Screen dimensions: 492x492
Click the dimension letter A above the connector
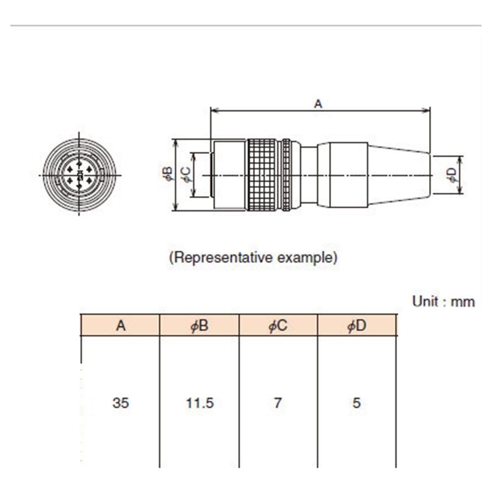(318, 104)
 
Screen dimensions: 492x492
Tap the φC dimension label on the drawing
(186, 174)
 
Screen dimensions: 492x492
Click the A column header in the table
(120, 325)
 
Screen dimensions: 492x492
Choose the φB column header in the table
(200, 325)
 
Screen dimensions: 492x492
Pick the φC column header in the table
(278, 325)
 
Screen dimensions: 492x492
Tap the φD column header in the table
(357, 325)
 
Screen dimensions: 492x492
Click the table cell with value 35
(120, 403)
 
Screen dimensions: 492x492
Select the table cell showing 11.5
(200, 403)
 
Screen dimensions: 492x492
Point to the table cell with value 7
(278, 403)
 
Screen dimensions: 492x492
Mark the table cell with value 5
(357, 403)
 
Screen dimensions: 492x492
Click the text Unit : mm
(443, 301)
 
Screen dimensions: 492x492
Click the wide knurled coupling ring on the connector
(263, 175)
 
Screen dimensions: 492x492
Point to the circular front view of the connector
(79, 175)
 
